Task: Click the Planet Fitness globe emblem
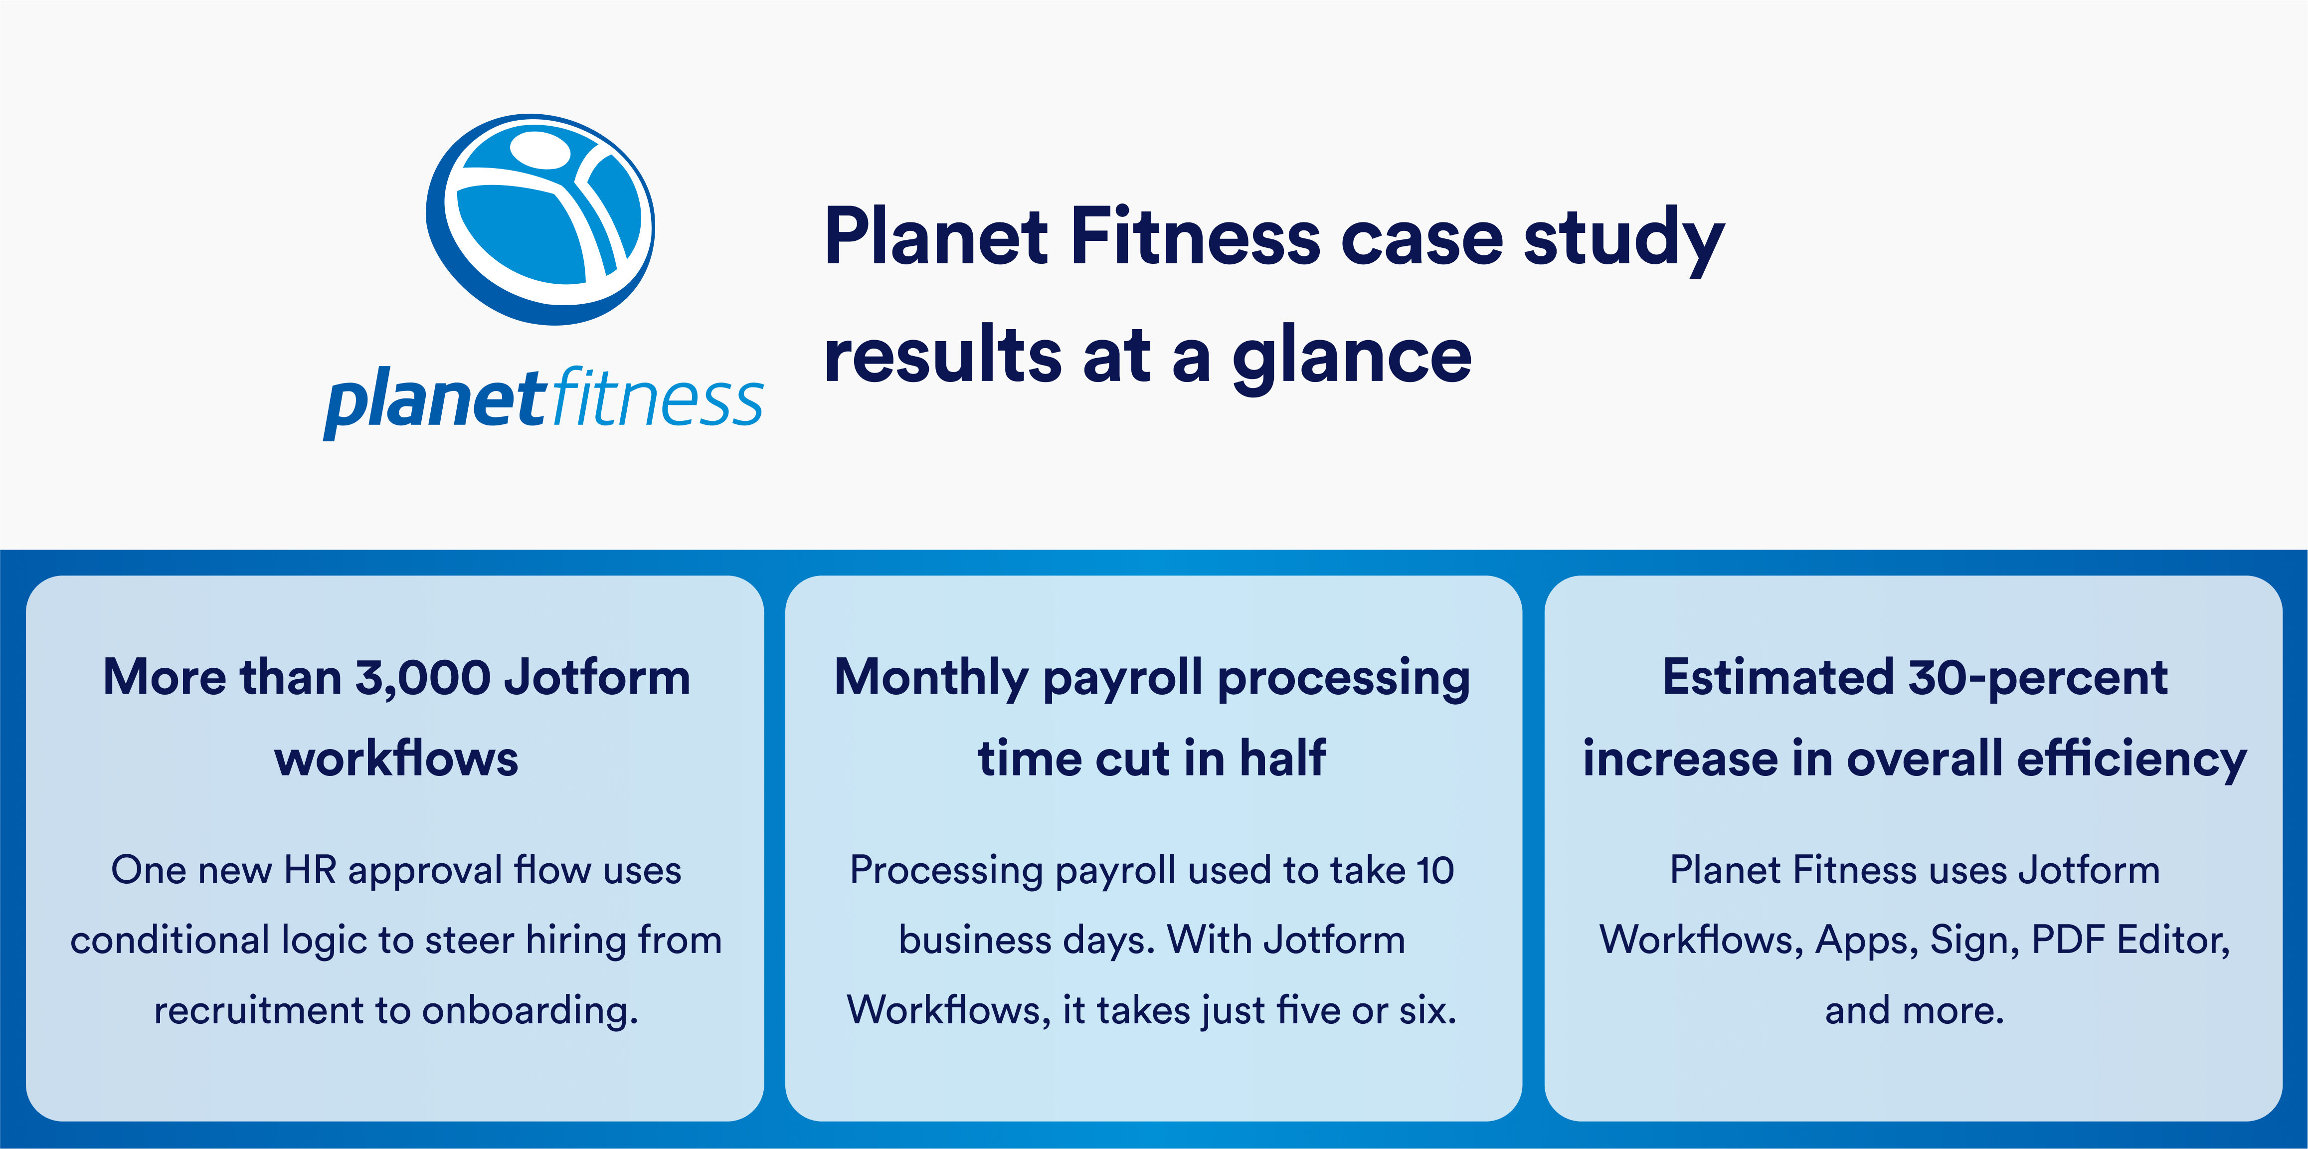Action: click(x=540, y=219)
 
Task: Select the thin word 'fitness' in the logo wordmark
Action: click(x=657, y=399)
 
